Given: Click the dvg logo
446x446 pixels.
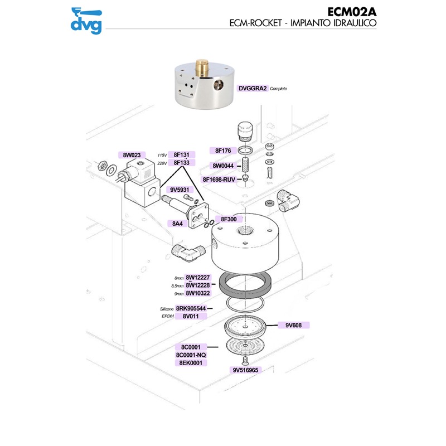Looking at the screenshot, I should [x=86, y=20].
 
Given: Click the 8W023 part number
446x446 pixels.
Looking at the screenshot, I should [x=129, y=154].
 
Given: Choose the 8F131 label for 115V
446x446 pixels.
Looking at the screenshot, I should [x=182, y=154].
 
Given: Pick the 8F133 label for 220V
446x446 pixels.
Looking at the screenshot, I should [x=182, y=163].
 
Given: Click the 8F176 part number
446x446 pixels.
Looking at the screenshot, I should [x=223, y=151].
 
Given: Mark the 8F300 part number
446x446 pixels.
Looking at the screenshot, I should [x=229, y=219].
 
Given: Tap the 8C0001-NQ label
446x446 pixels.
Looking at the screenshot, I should [x=191, y=355].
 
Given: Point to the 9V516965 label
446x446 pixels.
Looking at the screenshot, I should [x=245, y=370].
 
